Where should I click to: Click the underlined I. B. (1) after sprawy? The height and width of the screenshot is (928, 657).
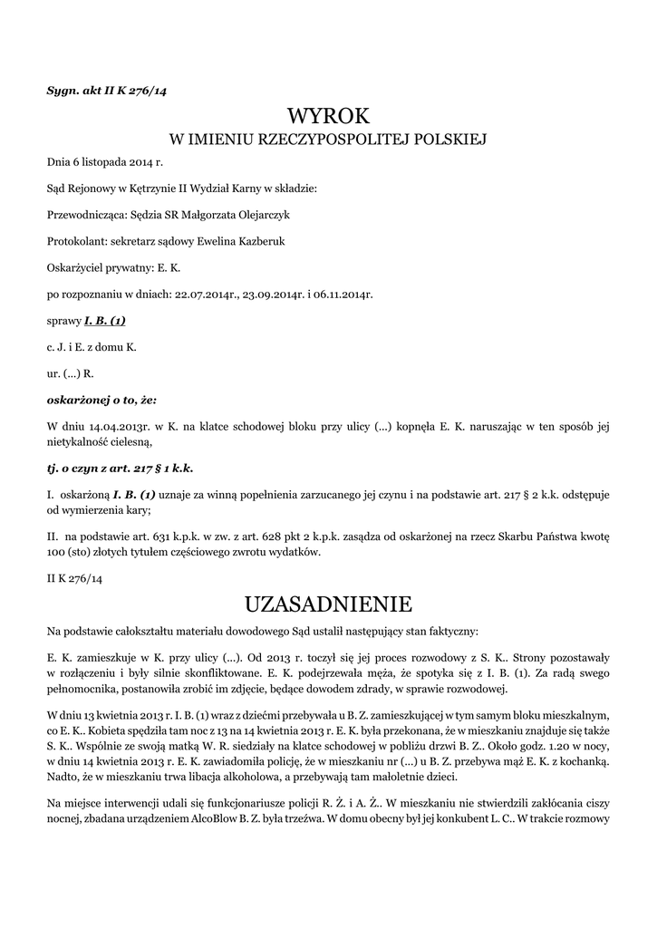click(105, 321)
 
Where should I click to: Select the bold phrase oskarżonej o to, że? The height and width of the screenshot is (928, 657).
click(101, 399)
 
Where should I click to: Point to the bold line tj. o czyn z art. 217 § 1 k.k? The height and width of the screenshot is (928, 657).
click(120, 469)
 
